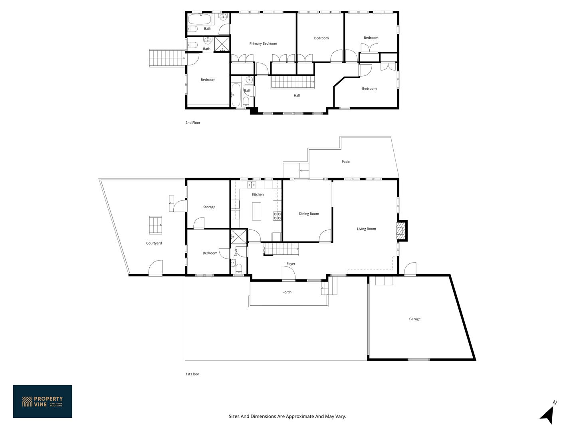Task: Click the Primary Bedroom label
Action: tap(263, 43)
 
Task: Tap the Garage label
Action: tap(414, 319)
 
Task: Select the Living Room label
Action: tap(366, 229)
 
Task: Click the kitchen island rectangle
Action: tap(256, 212)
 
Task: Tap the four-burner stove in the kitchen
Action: tap(277, 216)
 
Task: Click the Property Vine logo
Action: tap(42, 401)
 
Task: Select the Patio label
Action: tap(345, 162)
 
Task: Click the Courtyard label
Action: tap(154, 243)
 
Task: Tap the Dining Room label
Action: tap(309, 214)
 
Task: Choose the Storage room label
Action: tap(209, 207)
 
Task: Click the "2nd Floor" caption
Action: tap(193, 123)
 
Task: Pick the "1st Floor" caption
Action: tap(192, 374)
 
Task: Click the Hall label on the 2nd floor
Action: tap(297, 95)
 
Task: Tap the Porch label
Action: tap(287, 292)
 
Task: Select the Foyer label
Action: tap(291, 264)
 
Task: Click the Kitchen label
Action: tap(258, 194)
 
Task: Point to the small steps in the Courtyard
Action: tap(156, 225)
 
